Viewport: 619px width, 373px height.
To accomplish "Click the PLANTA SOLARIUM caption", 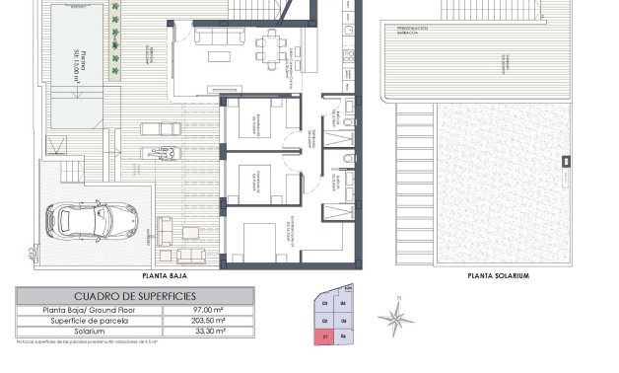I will click(498, 277).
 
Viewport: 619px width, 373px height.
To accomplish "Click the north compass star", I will click(396, 316).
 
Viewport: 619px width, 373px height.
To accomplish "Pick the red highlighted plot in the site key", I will click(326, 336).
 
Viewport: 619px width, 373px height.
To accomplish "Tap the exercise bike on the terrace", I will click(167, 153).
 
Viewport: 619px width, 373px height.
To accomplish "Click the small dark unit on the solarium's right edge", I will click(565, 161).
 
